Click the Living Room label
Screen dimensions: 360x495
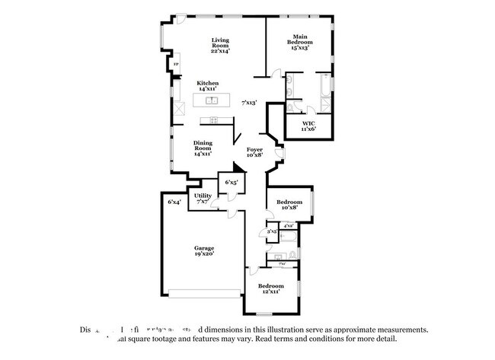click(x=220, y=46)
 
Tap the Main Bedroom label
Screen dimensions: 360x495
click(x=300, y=42)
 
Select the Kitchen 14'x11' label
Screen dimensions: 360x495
click(x=208, y=86)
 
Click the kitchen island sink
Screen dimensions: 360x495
click(x=211, y=100)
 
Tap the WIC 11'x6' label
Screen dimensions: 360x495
click(x=308, y=126)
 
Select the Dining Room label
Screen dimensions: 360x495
click(x=203, y=146)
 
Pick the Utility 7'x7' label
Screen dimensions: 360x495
click(x=203, y=199)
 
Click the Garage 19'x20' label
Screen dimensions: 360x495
click(x=203, y=250)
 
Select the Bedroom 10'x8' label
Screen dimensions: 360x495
click(x=289, y=205)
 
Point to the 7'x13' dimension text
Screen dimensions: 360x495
click(x=249, y=102)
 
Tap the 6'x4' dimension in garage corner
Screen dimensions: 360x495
click(x=174, y=202)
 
